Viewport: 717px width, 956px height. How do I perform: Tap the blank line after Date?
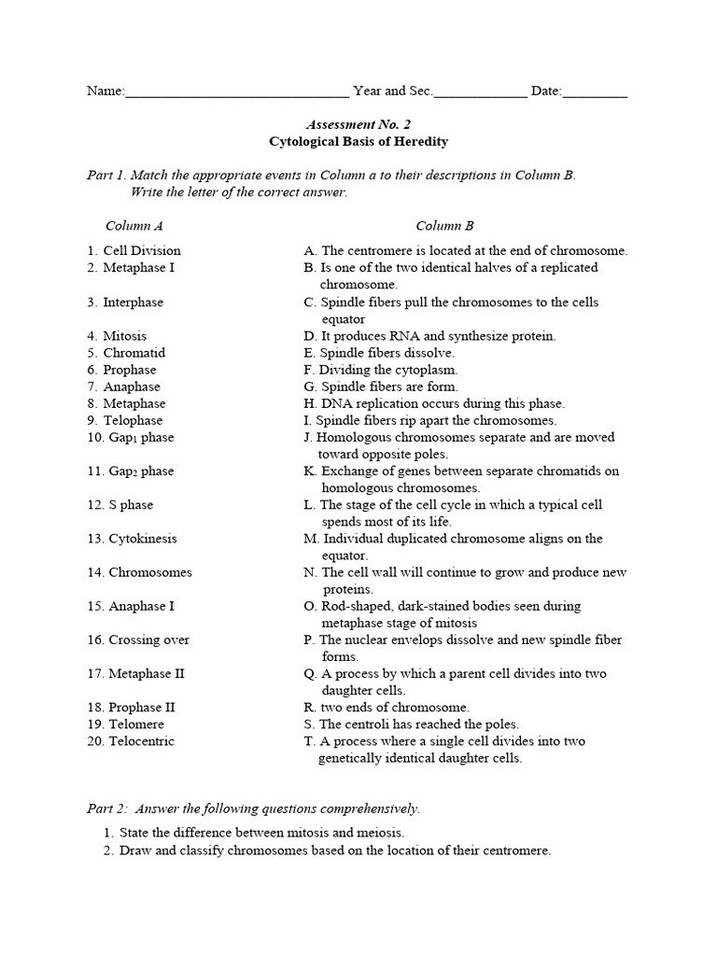point(595,91)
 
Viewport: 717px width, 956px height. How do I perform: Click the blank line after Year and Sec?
point(480,91)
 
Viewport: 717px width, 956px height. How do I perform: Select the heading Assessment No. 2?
point(358,124)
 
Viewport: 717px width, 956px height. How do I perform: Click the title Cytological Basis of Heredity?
point(358,142)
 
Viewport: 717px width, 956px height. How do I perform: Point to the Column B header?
point(444,226)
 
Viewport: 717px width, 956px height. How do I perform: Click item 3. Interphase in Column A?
point(125,302)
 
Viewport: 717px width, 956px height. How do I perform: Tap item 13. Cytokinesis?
point(132,539)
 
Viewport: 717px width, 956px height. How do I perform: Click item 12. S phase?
point(120,505)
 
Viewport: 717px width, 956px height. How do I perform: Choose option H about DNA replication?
point(434,404)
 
